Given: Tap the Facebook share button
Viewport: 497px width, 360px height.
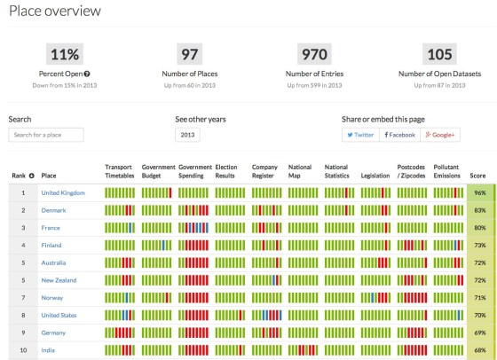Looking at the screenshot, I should pos(399,135).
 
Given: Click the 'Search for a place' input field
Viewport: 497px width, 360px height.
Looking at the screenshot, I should pos(45,135).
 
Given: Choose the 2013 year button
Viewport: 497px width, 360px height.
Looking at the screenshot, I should pos(187,135).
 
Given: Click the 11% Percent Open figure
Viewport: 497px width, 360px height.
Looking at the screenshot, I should pos(63,54).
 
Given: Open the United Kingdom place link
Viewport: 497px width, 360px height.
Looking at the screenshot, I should pos(63,192).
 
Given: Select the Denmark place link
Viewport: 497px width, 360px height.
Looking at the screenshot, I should pos(53,210).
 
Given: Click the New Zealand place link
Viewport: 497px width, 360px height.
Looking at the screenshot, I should pos(59,280).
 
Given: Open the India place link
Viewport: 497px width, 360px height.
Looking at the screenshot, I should pos(48,350).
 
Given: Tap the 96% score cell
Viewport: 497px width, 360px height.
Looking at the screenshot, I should pos(480,192).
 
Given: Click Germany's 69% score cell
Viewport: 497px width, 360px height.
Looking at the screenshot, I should pos(480,333).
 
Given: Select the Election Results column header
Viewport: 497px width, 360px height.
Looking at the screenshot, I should pos(228,171).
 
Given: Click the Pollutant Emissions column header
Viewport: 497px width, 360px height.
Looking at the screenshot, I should pos(447,171).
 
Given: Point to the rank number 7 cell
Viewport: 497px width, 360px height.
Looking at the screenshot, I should pos(21,297).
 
